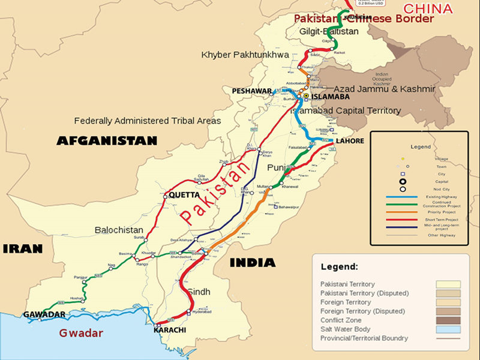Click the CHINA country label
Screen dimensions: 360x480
pyautogui.click(x=428, y=8)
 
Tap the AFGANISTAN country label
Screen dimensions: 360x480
pyautogui.click(x=107, y=141)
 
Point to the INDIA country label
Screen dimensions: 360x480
pyautogui.click(x=252, y=262)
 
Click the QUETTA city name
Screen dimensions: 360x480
pyautogui.click(x=184, y=195)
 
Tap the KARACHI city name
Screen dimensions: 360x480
pyautogui.click(x=170, y=330)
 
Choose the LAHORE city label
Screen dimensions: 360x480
pyautogui.click(x=350, y=141)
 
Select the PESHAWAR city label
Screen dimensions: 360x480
pyautogui.click(x=251, y=91)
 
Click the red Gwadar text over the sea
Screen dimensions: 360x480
pyautogui.click(x=80, y=333)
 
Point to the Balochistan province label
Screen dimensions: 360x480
pyautogui.click(x=119, y=230)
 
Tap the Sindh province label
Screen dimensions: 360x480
pyautogui.click(x=199, y=292)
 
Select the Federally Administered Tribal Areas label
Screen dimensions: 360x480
pyautogui.click(x=148, y=121)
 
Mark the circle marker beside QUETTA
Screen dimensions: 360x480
pyautogui.click(x=165, y=196)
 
